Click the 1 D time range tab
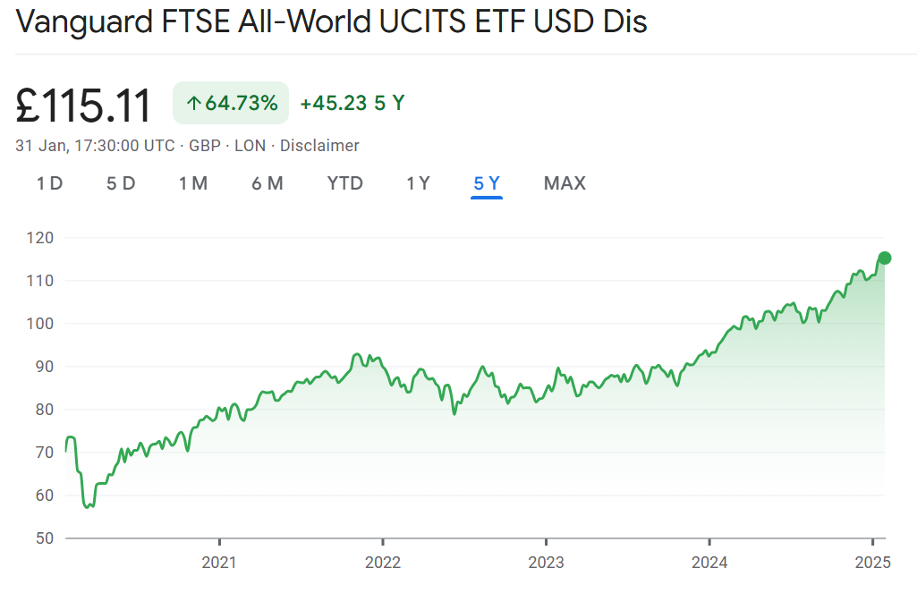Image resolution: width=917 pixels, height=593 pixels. (x=49, y=183)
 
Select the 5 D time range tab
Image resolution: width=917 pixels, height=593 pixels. (x=121, y=183)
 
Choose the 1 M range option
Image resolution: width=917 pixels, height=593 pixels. (x=193, y=183)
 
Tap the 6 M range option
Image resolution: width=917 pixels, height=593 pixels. (x=267, y=183)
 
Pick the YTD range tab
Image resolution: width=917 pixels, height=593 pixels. (x=345, y=183)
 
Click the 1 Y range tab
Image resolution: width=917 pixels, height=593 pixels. (x=418, y=183)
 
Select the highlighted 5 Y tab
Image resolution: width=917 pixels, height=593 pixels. (x=487, y=183)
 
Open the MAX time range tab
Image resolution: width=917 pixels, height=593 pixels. (x=565, y=183)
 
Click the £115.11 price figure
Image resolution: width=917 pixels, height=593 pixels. (x=84, y=106)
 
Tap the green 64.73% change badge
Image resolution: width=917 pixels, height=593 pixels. (x=231, y=103)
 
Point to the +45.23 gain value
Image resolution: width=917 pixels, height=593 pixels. (x=334, y=103)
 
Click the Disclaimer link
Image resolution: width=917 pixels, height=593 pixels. (x=319, y=146)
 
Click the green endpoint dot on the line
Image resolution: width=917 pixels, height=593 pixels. (x=885, y=258)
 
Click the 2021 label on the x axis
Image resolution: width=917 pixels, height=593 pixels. (x=219, y=563)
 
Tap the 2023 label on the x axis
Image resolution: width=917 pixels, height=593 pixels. (x=546, y=563)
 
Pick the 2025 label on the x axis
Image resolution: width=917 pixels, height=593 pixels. (x=872, y=563)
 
